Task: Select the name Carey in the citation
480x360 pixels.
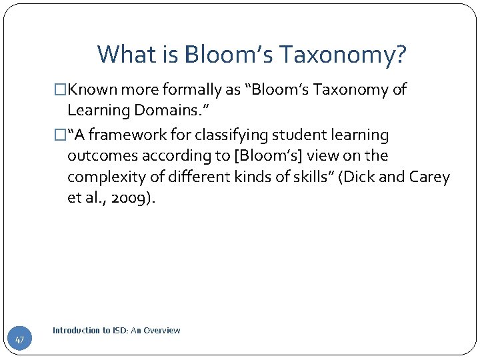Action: pos(431,177)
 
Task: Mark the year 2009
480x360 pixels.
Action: pos(131,199)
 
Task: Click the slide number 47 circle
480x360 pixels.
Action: pos(19,340)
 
